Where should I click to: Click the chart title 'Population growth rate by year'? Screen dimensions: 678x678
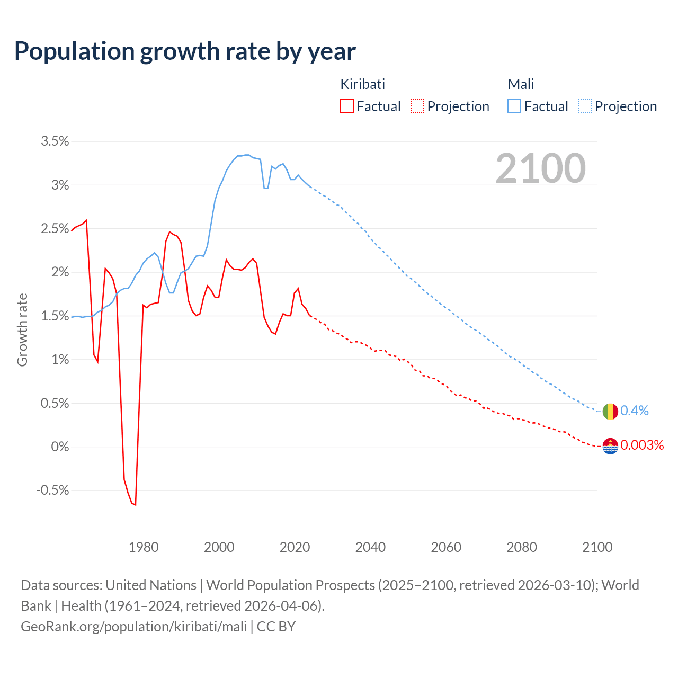click(185, 51)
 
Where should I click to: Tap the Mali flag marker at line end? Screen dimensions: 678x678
click(610, 411)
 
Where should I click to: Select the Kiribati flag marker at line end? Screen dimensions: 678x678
click(610, 447)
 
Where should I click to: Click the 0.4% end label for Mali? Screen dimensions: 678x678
click(635, 411)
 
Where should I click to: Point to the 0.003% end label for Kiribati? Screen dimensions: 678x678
click(642, 445)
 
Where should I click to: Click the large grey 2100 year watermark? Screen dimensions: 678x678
click(540, 168)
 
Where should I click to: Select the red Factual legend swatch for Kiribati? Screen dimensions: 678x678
click(347, 106)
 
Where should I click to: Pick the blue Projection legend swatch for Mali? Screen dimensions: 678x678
click(585, 106)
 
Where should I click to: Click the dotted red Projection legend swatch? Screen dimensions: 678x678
click(417, 106)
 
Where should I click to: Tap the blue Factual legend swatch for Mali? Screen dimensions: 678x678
click(514, 106)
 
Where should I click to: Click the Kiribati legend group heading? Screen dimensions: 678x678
click(362, 84)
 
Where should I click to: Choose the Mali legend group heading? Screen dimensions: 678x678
click(521, 84)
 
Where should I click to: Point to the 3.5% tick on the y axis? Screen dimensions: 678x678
click(55, 141)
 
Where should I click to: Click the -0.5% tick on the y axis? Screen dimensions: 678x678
click(52, 490)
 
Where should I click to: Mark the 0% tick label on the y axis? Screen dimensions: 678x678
click(60, 447)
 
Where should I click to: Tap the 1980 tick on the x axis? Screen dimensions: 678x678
click(144, 547)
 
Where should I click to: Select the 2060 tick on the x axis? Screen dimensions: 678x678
click(446, 547)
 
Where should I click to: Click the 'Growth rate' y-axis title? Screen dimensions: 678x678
click(22, 329)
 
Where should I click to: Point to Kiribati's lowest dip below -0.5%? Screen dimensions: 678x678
click(135, 504)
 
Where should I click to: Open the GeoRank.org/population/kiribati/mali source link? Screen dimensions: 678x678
click(133, 627)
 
